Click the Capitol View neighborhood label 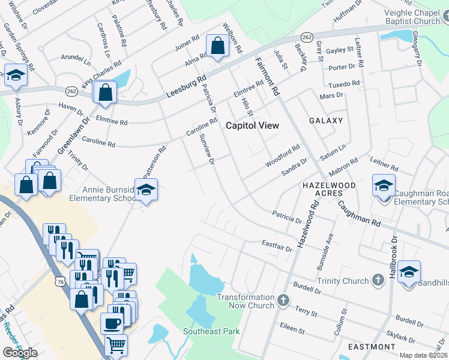pos(252,125)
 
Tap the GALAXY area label pos(326,121)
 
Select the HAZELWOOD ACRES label pos(328,189)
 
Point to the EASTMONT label pos(372,347)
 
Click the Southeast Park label pos(211,331)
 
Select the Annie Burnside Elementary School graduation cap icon pos(146,190)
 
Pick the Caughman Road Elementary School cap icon pos(384,185)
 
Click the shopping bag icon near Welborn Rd pos(217,46)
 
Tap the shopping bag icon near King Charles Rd pos(105,92)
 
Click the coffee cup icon pos(112,323)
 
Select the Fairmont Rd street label pos(267,77)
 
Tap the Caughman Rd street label pos(359,213)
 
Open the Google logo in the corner pos(20,353)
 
